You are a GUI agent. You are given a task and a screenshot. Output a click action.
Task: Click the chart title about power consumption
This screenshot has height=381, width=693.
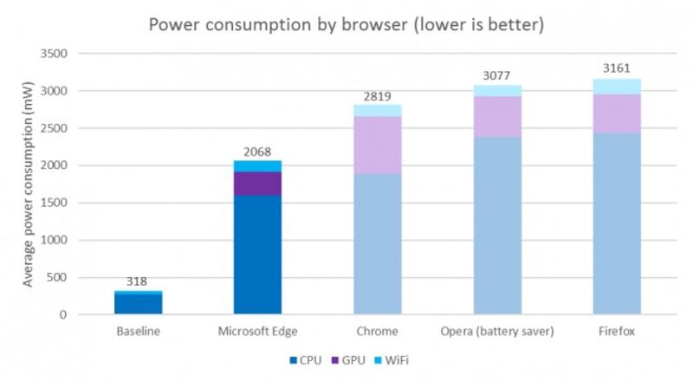(x=346, y=24)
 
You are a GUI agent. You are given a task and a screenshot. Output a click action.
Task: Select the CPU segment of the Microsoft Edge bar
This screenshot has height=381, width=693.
(x=257, y=255)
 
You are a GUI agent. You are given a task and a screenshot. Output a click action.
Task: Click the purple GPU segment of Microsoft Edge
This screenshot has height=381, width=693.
(x=257, y=183)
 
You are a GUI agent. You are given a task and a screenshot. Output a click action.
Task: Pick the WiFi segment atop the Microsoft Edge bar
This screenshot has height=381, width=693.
(x=257, y=165)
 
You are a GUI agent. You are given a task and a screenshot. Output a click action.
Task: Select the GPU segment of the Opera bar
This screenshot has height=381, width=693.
(x=496, y=116)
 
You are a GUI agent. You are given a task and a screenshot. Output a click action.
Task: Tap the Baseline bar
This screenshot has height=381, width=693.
(x=138, y=303)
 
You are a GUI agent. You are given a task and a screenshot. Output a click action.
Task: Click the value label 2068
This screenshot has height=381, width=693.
(x=257, y=152)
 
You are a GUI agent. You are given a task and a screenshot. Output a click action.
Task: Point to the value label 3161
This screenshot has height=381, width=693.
(x=616, y=69)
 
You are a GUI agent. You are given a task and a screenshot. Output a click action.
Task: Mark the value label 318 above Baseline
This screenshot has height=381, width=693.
(x=138, y=281)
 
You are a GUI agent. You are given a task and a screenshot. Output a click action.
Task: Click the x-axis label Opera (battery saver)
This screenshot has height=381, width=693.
(x=496, y=332)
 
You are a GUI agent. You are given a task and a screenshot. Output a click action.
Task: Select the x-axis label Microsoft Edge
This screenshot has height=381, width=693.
(x=257, y=332)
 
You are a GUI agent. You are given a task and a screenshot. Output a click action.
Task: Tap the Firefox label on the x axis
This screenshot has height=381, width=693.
(x=616, y=332)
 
